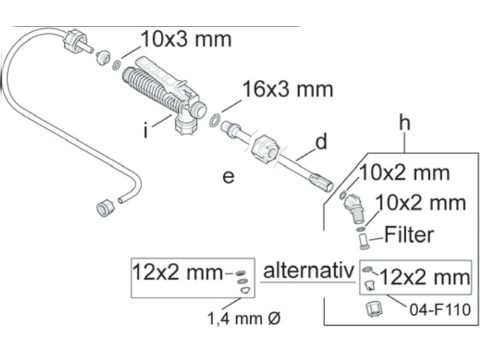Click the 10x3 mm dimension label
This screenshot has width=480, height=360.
[x=186, y=39]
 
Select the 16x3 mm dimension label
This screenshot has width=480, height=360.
[x=287, y=89]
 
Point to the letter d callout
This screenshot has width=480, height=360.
[x=321, y=142]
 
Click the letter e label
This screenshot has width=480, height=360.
[x=229, y=176]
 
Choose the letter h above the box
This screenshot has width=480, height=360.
[x=404, y=123]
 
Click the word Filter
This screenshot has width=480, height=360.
[x=409, y=235]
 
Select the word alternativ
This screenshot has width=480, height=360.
[x=308, y=271]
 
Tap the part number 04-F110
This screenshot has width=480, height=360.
[x=440, y=310]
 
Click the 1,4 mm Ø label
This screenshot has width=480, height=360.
[x=244, y=319]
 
